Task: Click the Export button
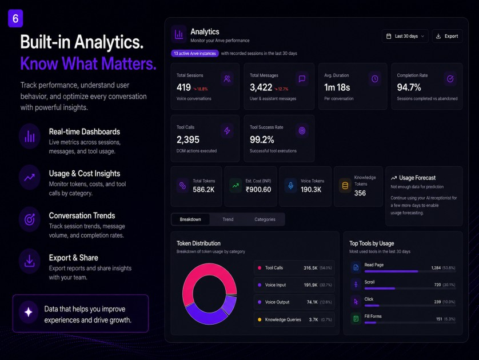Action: tap(447, 36)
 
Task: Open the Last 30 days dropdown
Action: tap(405, 36)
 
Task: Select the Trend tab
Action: tap(228, 219)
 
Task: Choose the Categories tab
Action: tap(265, 219)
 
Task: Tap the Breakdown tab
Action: tap(190, 219)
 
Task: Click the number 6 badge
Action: tap(15, 19)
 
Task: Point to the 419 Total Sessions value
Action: tap(183, 87)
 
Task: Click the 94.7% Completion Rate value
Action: tap(409, 87)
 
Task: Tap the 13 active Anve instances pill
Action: tap(195, 54)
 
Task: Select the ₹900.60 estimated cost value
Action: tap(258, 190)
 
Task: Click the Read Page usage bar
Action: tap(391, 271)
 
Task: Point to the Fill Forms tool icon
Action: tap(356, 319)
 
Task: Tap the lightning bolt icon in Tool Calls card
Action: tap(227, 131)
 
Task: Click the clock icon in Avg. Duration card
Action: tap(375, 79)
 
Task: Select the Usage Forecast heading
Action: tap(417, 178)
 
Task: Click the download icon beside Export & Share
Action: tap(29, 261)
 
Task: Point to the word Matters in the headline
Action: tap(129, 63)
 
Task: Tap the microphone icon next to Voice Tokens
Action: tap(291, 186)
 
